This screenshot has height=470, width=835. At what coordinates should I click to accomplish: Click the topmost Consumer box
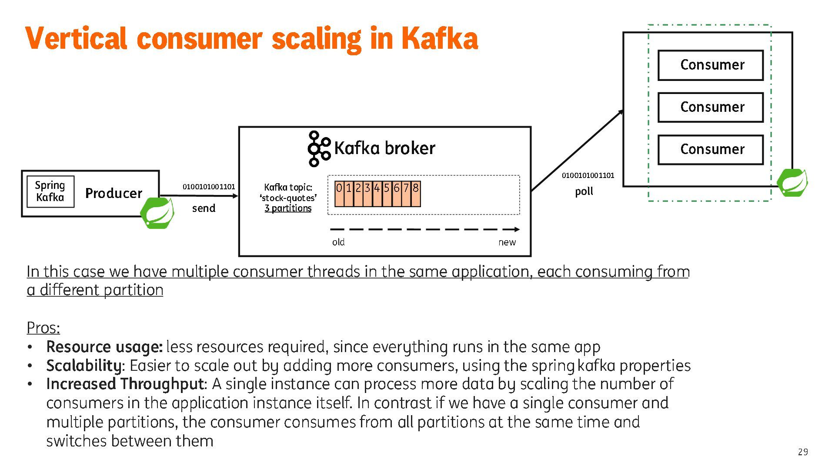coord(710,65)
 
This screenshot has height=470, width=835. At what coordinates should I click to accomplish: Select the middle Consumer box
coord(710,107)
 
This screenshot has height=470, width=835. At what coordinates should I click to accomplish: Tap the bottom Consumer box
coord(710,150)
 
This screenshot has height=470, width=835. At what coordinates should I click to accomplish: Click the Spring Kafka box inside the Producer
coord(50,191)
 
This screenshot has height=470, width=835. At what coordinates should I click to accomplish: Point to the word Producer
coord(114,193)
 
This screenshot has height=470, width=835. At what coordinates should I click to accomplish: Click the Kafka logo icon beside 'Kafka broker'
coord(318,149)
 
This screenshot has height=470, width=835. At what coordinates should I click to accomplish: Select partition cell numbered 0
coord(339,194)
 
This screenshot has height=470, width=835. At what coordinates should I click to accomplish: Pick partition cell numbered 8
coord(416,194)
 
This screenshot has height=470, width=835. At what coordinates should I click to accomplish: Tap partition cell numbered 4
coord(377,194)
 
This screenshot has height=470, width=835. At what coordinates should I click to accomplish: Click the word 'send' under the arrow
coord(204,208)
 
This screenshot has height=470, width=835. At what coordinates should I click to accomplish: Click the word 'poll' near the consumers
coord(584,191)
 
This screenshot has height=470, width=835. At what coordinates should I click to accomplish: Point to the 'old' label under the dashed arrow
coord(338,242)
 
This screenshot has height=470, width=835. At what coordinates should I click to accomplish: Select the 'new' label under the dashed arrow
coord(507,242)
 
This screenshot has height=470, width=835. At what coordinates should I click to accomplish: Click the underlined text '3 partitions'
coord(288,208)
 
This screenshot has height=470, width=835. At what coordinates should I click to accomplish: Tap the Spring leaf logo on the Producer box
coord(157,213)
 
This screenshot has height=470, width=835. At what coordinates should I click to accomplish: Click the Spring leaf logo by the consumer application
coord(792,183)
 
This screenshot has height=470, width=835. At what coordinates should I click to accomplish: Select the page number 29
coord(803,452)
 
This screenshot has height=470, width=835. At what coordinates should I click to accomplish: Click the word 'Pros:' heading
coord(43,328)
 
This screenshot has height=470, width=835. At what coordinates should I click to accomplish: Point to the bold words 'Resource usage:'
coord(104,347)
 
